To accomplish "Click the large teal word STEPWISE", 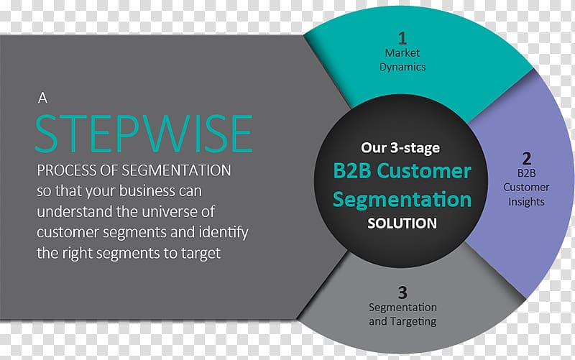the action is [x=144, y=133].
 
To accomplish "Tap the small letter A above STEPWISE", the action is [x=42, y=98].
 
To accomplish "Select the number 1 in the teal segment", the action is [x=402, y=38].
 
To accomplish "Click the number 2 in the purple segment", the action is [x=527, y=158].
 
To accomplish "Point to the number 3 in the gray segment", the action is [x=402, y=292].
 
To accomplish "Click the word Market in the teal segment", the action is [x=402, y=52].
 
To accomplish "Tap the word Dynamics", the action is [x=402, y=67].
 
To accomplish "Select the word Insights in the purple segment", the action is [x=526, y=202].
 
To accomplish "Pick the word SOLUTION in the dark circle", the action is [x=402, y=223].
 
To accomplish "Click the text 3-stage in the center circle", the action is [x=415, y=148].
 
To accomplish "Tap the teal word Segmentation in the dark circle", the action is [x=402, y=200].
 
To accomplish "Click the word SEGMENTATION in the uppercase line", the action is [x=176, y=170].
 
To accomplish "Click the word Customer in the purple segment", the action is [x=526, y=187].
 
